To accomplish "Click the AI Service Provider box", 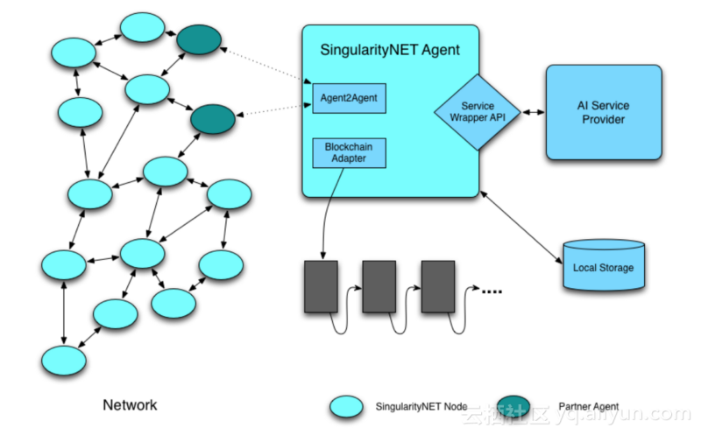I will click(603, 112).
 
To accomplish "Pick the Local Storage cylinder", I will click(603, 266).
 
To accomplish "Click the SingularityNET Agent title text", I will click(391, 51).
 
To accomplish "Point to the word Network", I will click(130, 404).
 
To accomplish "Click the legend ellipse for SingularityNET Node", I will click(347, 406).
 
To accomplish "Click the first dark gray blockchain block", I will click(322, 285).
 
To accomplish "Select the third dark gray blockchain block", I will click(438, 285).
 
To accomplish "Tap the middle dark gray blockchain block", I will click(379, 285).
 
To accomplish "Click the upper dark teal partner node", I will click(199, 39).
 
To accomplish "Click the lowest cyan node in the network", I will click(64, 360).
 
